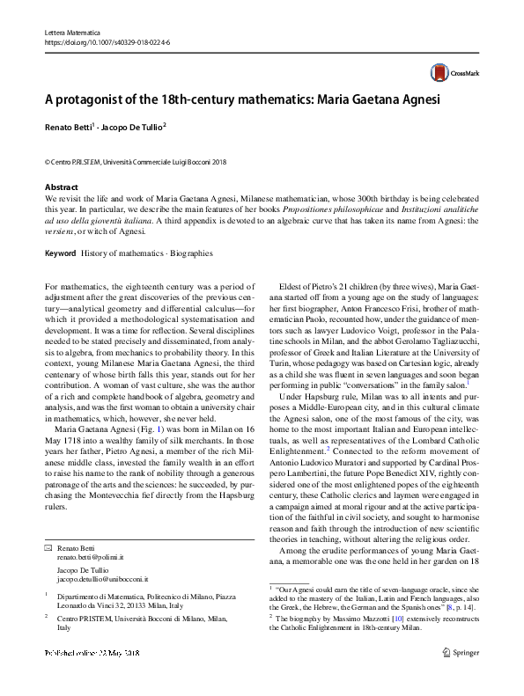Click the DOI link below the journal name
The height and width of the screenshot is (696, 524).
pyautogui.click(x=107, y=42)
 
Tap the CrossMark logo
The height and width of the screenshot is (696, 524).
pyautogui.click(x=449, y=74)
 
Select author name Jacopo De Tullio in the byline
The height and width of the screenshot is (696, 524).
pyautogui.click(x=132, y=128)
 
